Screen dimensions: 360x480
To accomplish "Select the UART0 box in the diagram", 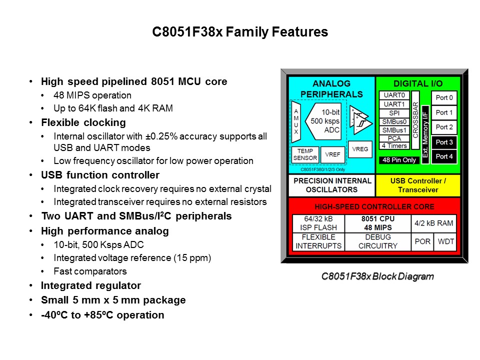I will tap(394, 95).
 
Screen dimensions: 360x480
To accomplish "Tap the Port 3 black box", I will tap(444, 142).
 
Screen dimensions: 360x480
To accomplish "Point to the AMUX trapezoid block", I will tap(296, 121).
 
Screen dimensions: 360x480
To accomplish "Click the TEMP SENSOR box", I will tap(304, 154).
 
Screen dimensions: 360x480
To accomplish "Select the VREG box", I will tap(359, 149).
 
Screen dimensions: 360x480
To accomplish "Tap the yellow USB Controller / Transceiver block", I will tap(418, 185).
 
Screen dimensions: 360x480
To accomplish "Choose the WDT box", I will tap(445, 241).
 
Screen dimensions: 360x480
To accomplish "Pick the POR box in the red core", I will tap(423, 241).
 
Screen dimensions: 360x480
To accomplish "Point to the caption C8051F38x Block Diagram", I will tap(377, 276).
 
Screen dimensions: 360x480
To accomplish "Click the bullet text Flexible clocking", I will tap(83, 122).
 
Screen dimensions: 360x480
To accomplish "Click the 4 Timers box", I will tap(394, 145).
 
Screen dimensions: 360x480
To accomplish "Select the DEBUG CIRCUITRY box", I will tap(378, 241).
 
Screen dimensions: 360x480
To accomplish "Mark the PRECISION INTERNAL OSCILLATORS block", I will tap(331, 185).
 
